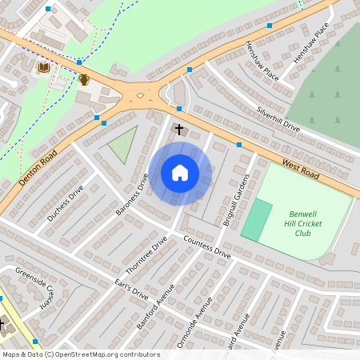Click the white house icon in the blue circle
point(180,173)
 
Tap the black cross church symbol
point(179,128)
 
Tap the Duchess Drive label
point(66,203)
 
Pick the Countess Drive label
point(206,247)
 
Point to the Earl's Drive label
point(131,289)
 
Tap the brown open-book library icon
point(42,70)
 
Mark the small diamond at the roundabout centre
point(141,96)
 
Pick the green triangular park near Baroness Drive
point(122,144)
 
